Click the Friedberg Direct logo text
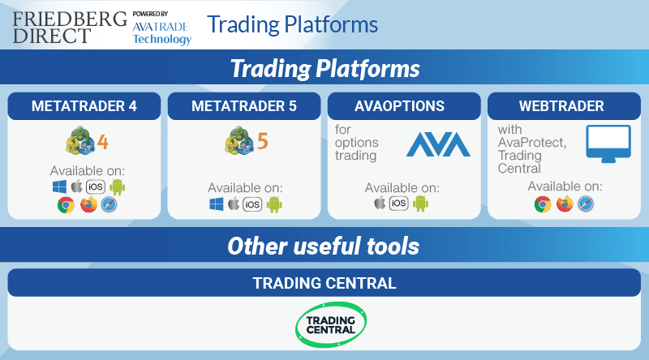coord(70,28)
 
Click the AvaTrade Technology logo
coord(161,28)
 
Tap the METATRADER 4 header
coord(84,106)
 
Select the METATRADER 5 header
coord(244,106)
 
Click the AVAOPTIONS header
coord(399,106)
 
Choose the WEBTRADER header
coord(561,106)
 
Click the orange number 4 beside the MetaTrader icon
coord(103,142)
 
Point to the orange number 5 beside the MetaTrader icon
coord(262,141)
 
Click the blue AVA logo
coord(438,144)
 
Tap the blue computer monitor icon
coord(608,144)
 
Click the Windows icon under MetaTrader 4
coord(59,186)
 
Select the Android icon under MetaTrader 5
coord(274,204)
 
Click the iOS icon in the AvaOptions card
coord(398,203)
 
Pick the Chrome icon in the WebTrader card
coord(543,204)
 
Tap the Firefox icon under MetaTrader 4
coord(88,204)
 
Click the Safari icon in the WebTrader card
coord(586,204)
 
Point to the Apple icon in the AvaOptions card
coord(380,203)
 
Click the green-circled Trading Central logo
coord(331,325)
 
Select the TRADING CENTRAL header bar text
coord(324,284)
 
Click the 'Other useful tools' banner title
coord(324,246)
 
